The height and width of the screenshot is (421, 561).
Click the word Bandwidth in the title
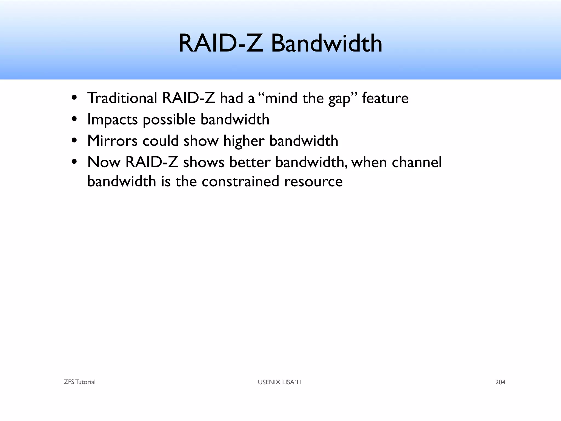pos(327,44)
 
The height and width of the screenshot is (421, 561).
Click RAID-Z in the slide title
pos(221,44)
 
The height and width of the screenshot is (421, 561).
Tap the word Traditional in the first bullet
pos(122,98)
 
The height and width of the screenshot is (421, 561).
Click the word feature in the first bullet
pos(385,98)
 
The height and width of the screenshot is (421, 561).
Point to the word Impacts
pos(112,120)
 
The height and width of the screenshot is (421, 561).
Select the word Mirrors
pos(112,141)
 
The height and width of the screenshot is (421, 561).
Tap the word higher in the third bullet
pos(244,141)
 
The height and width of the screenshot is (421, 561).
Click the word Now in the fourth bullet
pos(104,162)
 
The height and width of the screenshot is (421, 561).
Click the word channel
pos(417,162)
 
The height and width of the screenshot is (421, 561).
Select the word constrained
pos(240,181)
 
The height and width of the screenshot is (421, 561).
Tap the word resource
pos(313,181)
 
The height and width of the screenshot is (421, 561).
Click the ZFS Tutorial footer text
pos(79,382)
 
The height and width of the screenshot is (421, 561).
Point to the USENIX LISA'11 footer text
pos(280,382)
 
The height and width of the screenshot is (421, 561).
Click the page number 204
pos(500,382)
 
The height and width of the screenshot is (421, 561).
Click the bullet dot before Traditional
pos(74,98)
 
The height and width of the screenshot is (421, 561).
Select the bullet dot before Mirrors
pos(74,141)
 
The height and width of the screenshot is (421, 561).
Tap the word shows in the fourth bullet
pos(204,162)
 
